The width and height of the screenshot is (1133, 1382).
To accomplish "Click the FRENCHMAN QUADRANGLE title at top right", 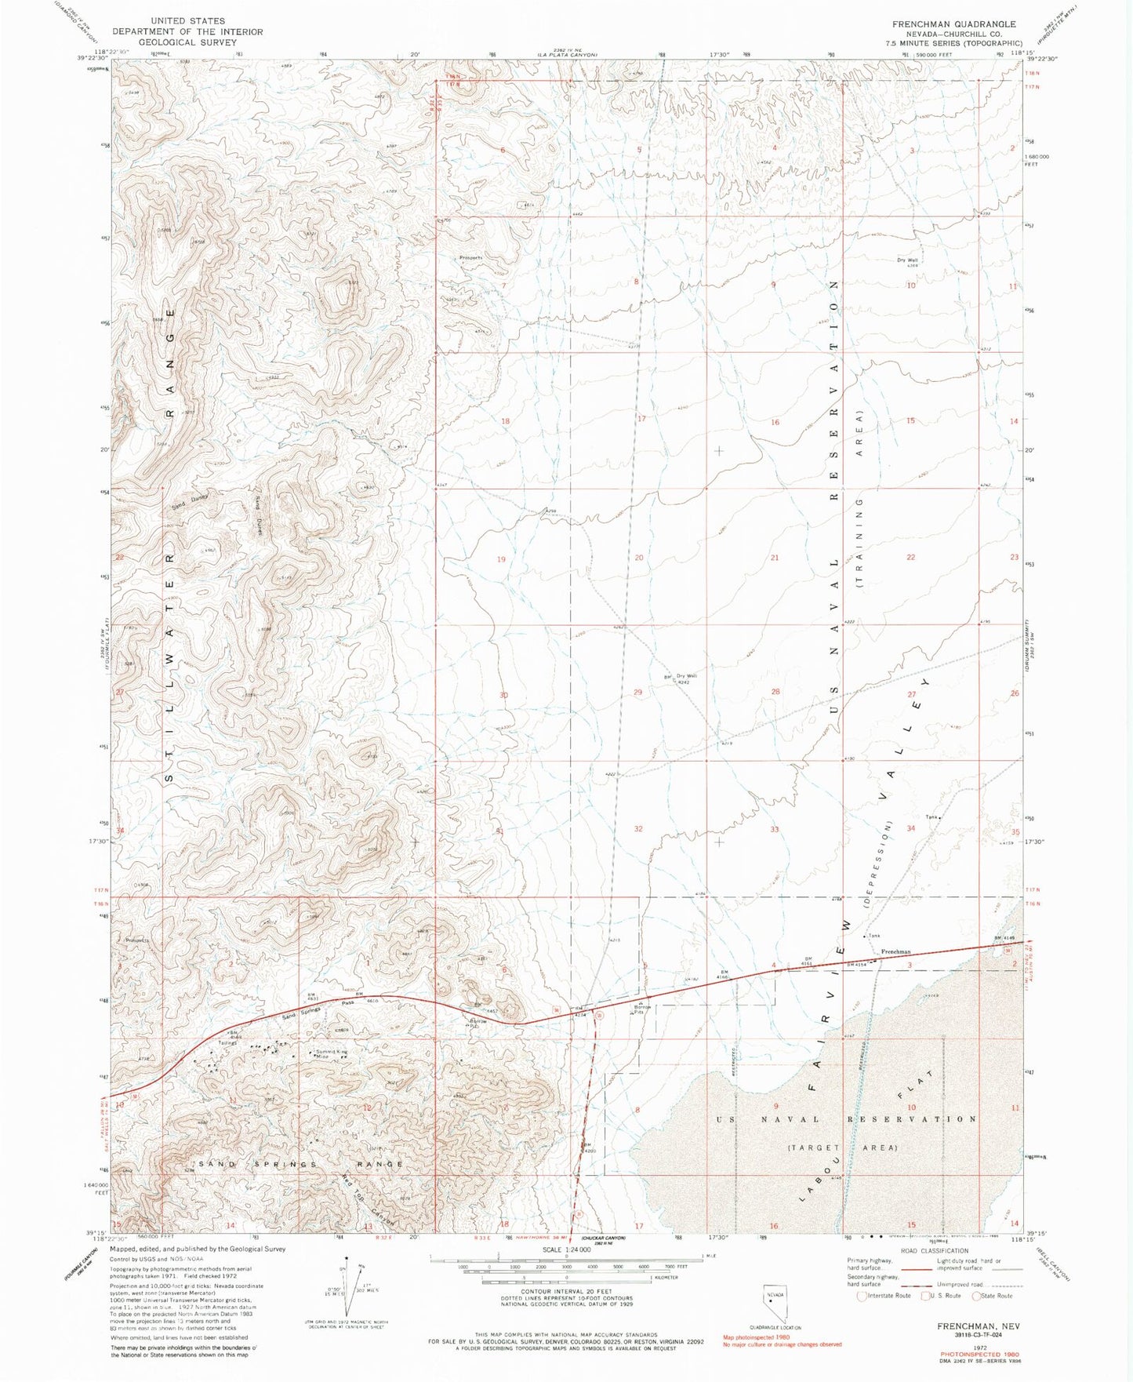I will (x=953, y=24).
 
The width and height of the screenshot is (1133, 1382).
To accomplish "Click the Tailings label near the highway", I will (x=227, y=1042).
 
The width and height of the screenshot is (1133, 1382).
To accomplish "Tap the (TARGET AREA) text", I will (x=841, y=1147).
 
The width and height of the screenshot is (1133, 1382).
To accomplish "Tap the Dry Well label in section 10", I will (x=908, y=262).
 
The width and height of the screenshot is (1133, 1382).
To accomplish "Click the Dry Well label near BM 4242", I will (x=686, y=676).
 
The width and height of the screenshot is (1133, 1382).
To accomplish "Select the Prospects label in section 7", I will (x=470, y=257).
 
